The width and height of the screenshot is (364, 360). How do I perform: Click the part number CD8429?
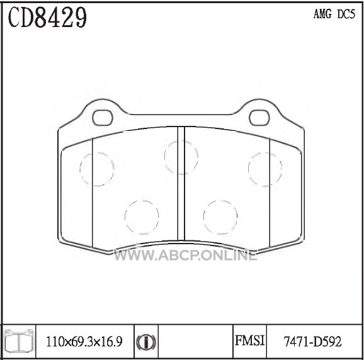[47, 17]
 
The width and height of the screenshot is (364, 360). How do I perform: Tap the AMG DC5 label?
[334, 14]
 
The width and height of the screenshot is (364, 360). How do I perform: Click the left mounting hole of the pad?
[103, 118]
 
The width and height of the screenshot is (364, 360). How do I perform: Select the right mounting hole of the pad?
[259, 118]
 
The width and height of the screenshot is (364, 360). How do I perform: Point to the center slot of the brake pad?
[181, 183]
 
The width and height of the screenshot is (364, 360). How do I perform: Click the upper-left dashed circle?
[79, 169]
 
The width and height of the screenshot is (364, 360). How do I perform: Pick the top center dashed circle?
[164, 157]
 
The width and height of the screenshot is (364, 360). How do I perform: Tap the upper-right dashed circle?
[248, 169]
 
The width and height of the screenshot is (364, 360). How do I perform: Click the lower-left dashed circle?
[125, 217]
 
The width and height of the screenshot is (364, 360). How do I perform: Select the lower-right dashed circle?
[203, 217]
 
